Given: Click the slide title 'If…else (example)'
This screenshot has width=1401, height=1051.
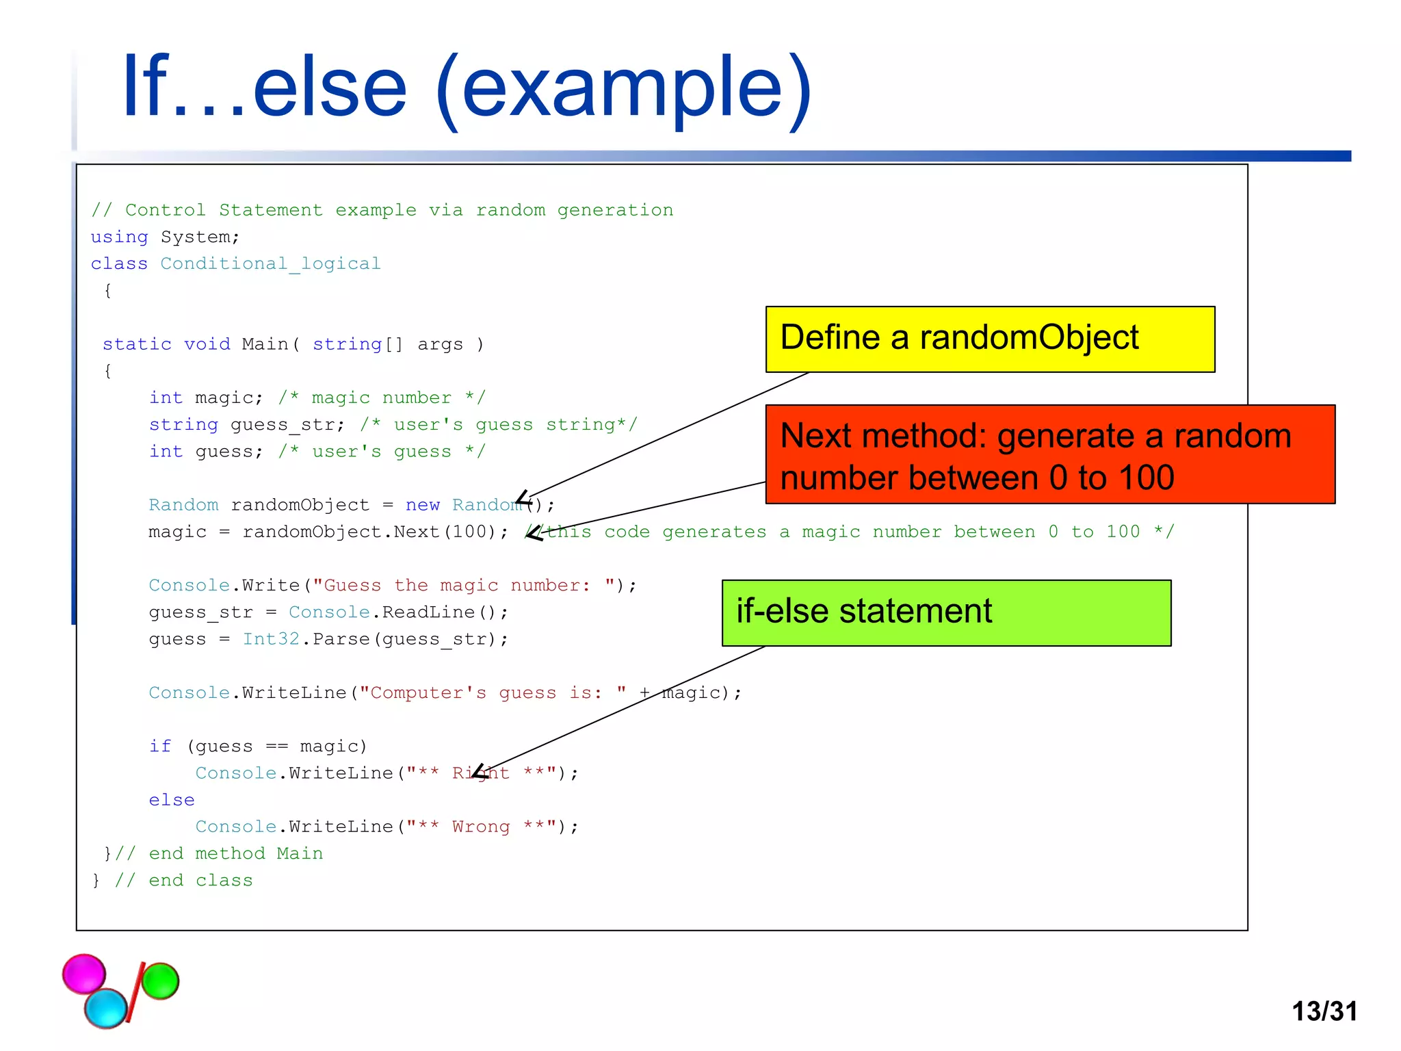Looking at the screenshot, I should (x=467, y=89).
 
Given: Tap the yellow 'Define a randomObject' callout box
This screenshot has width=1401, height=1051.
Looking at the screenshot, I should (x=989, y=339).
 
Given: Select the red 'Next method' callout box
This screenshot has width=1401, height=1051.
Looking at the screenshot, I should (x=1049, y=455).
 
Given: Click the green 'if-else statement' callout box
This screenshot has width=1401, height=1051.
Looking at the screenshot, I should (x=946, y=612).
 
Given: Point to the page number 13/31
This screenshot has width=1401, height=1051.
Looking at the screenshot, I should (x=1324, y=1011).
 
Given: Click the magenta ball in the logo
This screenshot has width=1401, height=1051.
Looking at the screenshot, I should (x=83, y=973).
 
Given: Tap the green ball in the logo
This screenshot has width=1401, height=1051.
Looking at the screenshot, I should (x=161, y=981).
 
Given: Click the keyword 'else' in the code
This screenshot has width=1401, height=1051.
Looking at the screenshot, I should (x=172, y=800).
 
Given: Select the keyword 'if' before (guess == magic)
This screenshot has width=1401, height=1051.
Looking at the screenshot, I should (x=160, y=746).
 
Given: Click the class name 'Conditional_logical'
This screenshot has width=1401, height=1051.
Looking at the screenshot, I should (x=270, y=263).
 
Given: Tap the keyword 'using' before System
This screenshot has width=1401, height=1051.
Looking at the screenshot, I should (x=119, y=237).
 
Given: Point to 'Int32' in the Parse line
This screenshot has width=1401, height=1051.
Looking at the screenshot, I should (x=271, y=639).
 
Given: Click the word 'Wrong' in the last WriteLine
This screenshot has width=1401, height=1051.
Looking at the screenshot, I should (x=481, y=827).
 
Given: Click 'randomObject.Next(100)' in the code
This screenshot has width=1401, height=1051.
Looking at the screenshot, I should (x=369, y=532).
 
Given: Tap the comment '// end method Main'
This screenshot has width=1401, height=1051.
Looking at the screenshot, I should (x=219, y=853).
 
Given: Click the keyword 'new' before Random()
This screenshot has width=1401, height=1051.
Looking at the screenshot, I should (x=422, y=505).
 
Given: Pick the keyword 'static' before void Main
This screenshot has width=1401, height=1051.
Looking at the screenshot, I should (x=137, y=344).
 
